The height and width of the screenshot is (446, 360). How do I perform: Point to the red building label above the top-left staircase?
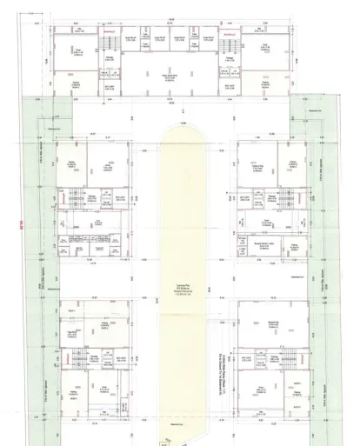[109, 34]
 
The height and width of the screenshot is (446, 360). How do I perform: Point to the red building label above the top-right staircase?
[229, 34]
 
